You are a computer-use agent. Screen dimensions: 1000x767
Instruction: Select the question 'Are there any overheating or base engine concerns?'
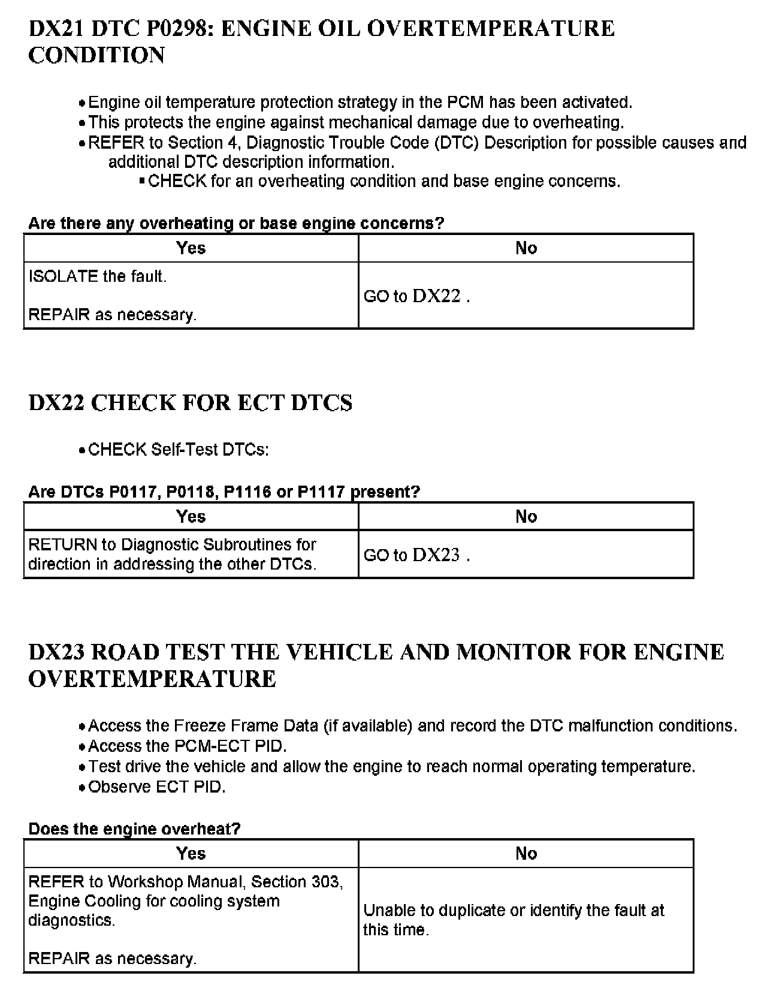coord(236,224)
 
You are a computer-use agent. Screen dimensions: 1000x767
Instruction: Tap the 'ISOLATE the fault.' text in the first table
coord(98,276)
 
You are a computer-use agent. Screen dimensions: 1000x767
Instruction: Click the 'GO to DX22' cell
coord(416,296)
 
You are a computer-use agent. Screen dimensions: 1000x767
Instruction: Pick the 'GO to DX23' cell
coord(416,555)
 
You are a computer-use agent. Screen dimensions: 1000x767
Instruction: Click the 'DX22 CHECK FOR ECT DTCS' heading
coord(191,403)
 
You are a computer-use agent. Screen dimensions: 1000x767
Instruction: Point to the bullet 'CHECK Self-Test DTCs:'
coord(178,450)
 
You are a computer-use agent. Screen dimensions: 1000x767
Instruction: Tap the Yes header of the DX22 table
coord(191,516)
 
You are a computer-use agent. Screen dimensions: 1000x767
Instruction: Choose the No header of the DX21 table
coord(526,248)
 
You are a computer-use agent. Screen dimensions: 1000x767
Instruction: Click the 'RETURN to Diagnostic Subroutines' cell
coord(173,554)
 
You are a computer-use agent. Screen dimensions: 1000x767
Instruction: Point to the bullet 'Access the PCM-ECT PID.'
coord(188,746)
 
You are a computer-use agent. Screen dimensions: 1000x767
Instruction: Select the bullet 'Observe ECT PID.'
coord(157,787)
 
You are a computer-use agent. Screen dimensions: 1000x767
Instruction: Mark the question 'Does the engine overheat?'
coord(134,829)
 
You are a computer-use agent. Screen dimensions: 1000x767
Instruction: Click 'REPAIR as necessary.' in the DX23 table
coord(113,959)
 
